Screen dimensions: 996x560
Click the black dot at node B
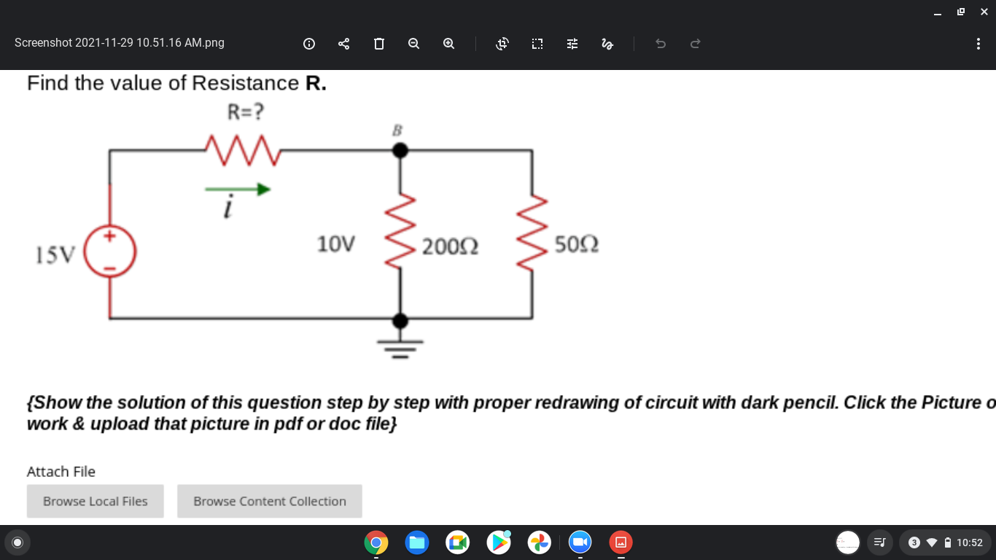400,150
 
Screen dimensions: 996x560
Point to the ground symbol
400,348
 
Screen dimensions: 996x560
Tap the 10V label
335,244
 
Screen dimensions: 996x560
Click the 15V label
55,254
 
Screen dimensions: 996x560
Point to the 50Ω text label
577,244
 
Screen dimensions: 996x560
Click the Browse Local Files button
96,501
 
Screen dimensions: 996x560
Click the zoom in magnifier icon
448,44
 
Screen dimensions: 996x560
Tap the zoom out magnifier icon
413,44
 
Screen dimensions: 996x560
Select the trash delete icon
378,44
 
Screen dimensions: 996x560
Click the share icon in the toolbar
344,44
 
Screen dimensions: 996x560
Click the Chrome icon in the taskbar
376,542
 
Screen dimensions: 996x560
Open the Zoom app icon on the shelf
580,542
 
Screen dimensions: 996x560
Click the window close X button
984,11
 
